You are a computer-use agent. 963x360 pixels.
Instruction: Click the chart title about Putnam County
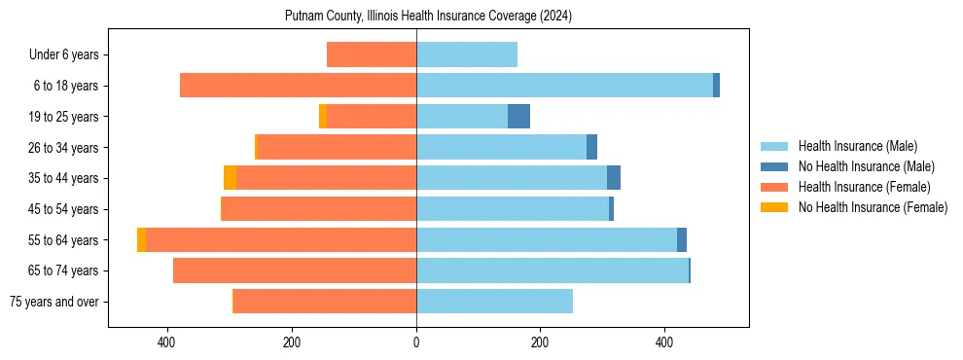[428, 17]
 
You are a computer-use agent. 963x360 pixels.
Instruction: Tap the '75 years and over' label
[53, 302]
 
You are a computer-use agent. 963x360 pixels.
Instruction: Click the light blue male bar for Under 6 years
[467, 54]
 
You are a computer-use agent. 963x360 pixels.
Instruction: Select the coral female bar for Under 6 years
[372, 54]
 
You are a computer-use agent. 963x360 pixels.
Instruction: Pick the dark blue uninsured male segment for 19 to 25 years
[518, 117]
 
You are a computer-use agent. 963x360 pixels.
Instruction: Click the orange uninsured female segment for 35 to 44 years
[230, 178]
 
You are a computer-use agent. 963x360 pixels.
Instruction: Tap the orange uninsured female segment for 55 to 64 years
[142, 239]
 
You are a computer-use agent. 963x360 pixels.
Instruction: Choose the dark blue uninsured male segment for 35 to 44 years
[614, 178]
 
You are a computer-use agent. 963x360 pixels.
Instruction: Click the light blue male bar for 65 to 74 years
[553, 270]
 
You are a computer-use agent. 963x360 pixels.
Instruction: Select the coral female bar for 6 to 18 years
[298, 86]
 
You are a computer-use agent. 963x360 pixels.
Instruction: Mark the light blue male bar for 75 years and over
[494, 302]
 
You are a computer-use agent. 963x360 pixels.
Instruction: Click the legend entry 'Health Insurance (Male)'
[857, 146]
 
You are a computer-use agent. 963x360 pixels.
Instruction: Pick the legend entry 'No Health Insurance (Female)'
[873, 207]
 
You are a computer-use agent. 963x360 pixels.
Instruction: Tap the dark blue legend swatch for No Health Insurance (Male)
[774, 166]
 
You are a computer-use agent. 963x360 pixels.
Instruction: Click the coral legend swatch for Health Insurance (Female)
[774, 187]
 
